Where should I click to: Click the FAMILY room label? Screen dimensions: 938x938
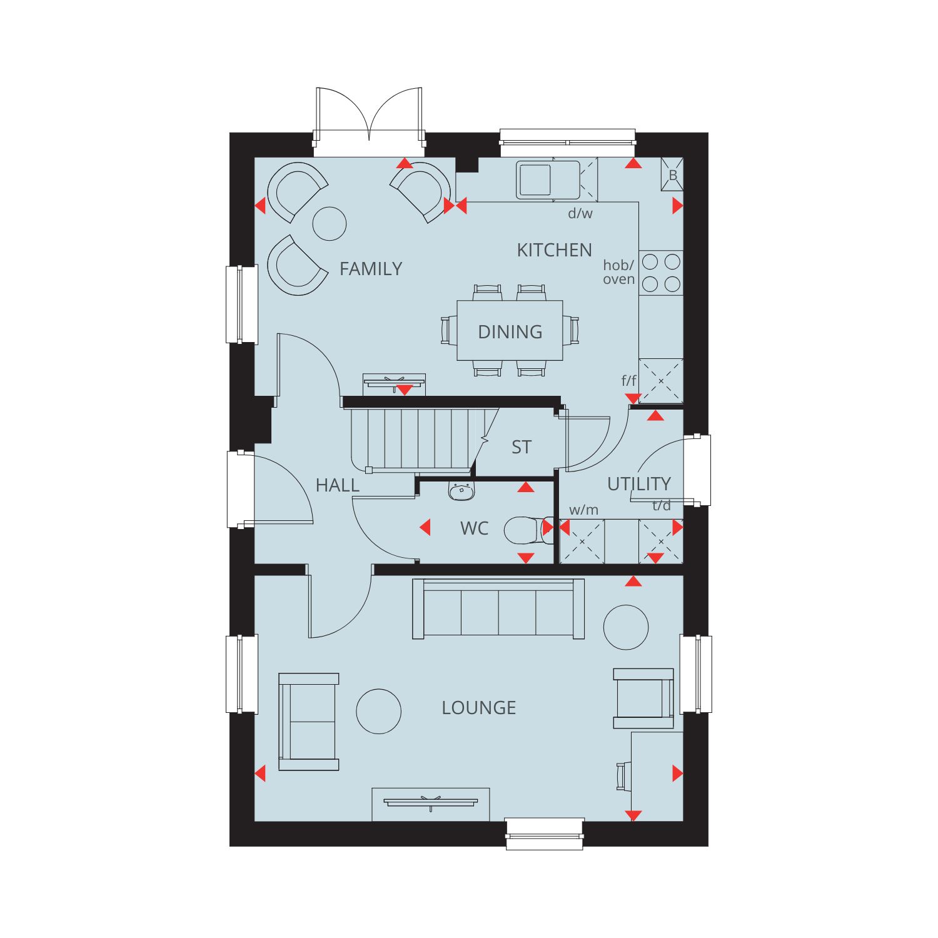[371, 269]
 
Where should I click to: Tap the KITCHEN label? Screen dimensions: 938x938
[554, 250]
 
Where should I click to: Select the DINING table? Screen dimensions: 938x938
[510, 331]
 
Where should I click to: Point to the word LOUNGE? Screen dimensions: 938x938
[479, 708]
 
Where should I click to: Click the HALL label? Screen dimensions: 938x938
[338, 485]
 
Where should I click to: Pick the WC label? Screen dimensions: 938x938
[474, 528]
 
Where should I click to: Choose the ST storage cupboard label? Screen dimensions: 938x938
[522, 447]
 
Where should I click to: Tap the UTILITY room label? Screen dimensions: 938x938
[639, 483]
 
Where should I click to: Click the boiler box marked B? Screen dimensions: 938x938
[672, 174]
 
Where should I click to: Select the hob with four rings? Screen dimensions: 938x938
[661, 273]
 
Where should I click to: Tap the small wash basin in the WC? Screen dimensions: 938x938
[461, 492]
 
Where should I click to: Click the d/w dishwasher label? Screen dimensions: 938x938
[580, 213]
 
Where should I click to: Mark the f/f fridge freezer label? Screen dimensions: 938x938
[629, 380]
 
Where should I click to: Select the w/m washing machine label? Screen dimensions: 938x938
[583, 510]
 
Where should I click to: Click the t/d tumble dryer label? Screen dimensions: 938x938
[662, 506]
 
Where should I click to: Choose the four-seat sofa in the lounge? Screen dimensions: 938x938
[498, 609]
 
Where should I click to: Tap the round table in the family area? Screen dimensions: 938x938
[329, 223]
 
